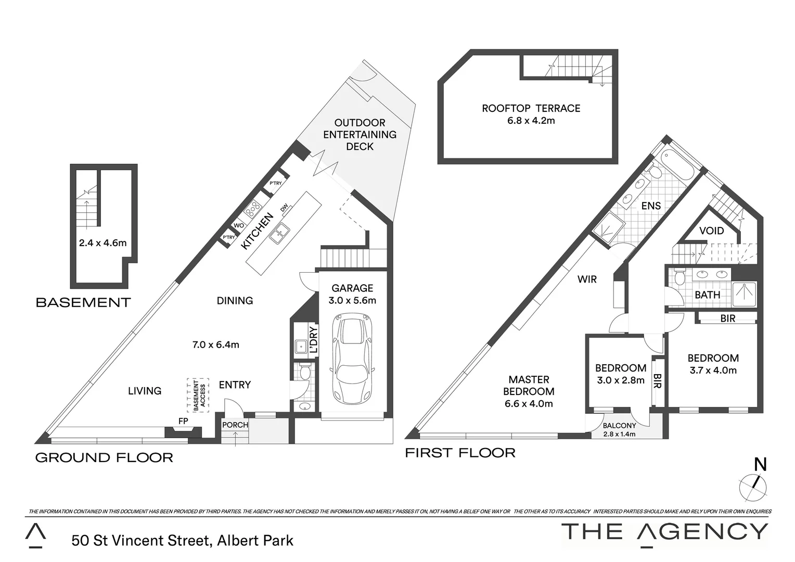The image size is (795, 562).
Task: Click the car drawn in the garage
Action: [353, 359]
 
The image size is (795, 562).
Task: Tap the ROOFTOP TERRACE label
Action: [531, 109]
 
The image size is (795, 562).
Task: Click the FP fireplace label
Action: [183, 421]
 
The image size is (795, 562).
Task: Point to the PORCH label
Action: [235, 425]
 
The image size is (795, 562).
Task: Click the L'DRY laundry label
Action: [313, 340]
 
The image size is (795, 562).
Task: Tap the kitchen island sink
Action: [280, 232]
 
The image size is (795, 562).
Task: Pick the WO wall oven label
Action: [239, 225]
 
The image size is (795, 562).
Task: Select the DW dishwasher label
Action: [284, 208]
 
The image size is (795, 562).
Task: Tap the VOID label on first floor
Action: [711, 231]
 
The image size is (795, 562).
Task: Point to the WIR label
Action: [587, 279]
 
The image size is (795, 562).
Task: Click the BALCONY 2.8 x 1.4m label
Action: [620, 429]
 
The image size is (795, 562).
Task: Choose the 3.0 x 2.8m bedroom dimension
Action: [621, 380]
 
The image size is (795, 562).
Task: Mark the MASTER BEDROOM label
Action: [529, 386]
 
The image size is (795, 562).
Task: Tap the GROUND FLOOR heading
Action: [104, 458]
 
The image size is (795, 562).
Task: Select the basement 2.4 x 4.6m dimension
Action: [102, 242]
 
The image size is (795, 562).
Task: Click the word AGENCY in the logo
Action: [702, 532]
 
